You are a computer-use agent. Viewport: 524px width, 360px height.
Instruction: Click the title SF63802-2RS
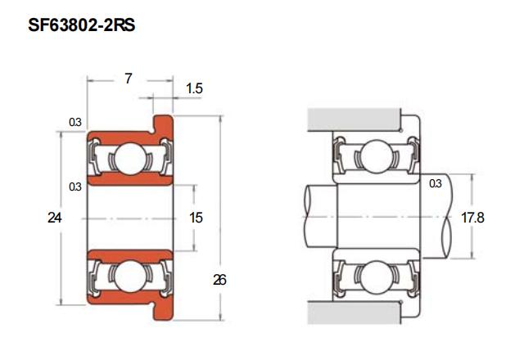82,25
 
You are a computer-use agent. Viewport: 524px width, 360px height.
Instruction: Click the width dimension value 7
129,79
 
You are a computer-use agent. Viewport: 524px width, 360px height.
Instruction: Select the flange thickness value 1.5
194,88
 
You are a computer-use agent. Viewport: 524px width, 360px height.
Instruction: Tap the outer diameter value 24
55,218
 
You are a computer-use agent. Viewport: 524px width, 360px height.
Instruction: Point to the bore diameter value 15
196,218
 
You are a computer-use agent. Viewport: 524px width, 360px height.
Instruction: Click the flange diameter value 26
219,280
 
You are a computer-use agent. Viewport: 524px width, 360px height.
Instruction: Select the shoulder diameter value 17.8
472,218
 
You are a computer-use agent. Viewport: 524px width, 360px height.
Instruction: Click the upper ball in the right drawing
377,156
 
